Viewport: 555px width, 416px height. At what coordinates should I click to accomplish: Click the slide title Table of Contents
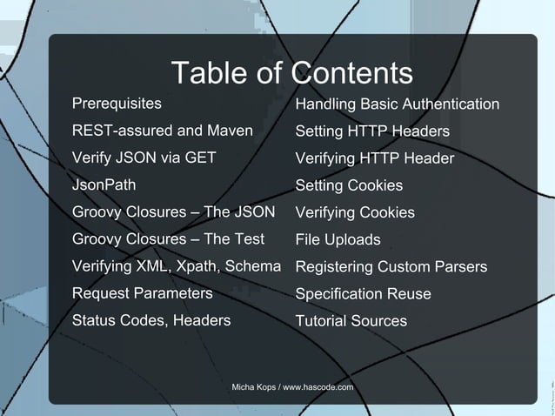tap(291, 72)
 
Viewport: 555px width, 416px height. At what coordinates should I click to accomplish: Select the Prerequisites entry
tap(117, 104)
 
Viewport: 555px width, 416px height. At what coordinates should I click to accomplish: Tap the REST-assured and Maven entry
tap(162, 131)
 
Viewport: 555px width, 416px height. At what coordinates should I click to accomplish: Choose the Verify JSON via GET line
tap(144, 158)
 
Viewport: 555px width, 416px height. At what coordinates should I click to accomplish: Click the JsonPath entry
tap(104, 185)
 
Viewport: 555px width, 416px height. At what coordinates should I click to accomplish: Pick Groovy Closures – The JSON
tap(173, 212)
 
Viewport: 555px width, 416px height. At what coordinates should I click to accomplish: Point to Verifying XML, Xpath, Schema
tap(176, 266)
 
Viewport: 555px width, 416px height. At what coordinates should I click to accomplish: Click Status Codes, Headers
tap(151, 320)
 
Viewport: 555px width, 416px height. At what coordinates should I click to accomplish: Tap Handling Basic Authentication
tap(398, 105)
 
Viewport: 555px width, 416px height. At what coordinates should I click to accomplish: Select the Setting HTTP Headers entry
tap(372, 132)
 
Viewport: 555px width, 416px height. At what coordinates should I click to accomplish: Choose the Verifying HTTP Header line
tap(375, 159)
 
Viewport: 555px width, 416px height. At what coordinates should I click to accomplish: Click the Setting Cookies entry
tap(349, 186)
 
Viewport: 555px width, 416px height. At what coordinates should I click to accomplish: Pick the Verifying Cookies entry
tap(355, 213)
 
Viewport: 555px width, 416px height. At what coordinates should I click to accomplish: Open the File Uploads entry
tap(338, 240)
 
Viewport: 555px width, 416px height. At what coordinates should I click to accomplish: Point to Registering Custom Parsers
tap(391, 267)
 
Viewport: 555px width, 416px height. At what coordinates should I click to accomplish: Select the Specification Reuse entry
tap(363, 294)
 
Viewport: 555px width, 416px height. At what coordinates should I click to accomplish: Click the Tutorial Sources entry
tap(351, 321)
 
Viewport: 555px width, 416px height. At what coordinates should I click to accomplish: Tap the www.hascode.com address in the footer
tap(318, 386)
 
